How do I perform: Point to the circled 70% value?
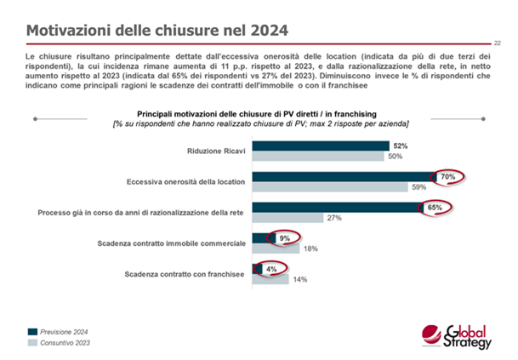[x=447, y=177]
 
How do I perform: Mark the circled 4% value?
[x=271, y=269]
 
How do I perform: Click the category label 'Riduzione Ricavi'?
[x=214, y=151]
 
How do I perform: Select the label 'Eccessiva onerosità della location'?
[x=184, y=182]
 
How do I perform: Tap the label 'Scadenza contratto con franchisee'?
[x=185, y=274]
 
